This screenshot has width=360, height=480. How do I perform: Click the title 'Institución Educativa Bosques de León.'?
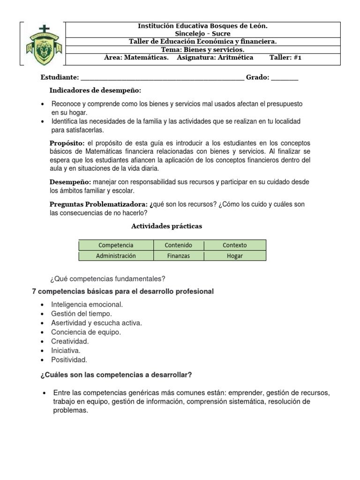(x=202, y=26)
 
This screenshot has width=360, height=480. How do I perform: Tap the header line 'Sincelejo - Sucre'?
(x=202, y=34)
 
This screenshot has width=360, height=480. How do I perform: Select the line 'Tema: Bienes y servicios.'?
(x=202, y=50)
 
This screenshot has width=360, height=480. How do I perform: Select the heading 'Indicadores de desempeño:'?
(x=95, y=90)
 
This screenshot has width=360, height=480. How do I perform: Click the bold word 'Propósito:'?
(x=67, y=143)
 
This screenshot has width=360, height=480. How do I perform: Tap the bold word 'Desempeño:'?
(x=70, y=182)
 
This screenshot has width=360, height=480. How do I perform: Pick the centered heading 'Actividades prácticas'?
(x=166, y=226)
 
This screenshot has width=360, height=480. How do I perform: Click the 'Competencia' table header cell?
(x=116, y=245)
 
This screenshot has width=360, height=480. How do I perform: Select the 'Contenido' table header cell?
(x=178, y=245)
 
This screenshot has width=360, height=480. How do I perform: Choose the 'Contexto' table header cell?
(x=234, y=245)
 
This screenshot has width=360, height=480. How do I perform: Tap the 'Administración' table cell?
(x=116, y=256)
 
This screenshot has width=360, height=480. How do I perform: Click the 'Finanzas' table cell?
(x=178, y=256)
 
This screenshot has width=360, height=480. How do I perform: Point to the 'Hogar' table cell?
(x=234, y=256)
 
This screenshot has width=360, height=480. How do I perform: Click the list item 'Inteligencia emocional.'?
(x=87, y=305)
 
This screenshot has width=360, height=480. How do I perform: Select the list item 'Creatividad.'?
(x=70, y=341)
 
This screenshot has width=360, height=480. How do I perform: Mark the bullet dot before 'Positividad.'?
(x=43, y=360)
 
